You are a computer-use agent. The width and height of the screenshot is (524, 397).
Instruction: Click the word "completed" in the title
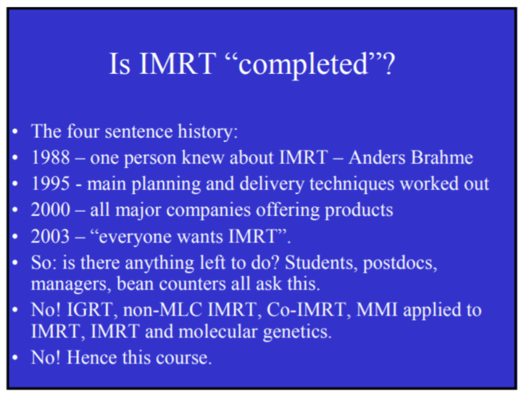pyautogui.click(x=304, y=64)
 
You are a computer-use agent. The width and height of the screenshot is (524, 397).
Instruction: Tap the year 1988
pyautogui.click(x=51, y=157)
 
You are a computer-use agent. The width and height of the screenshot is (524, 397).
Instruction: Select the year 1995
pyautogui.click(x=51, y=183)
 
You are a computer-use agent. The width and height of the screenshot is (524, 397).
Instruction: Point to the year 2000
pyautogui.click(x=51, y=210)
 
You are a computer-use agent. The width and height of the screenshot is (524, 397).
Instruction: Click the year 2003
pyautogui.click(x=51, y=236)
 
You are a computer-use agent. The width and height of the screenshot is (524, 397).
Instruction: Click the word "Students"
pyautogui.click(x=319, y=263)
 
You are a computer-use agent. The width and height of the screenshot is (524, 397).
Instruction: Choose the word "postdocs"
pyautogui.click(x=400, y=263)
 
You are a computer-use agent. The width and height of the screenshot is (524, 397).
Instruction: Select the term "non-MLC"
pyautogui.click(x=162, y=309)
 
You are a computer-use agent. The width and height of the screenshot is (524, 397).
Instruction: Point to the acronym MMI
pyautogui.click(x=377, y=309)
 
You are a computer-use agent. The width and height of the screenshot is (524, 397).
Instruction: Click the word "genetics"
pyautogui.click(x=297, y=333)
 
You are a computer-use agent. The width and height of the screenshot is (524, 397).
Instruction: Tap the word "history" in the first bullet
pyautogui.click(x=207, y=132)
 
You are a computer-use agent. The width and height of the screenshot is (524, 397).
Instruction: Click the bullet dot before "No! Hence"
pyautogui.click(x=14, y=358)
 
